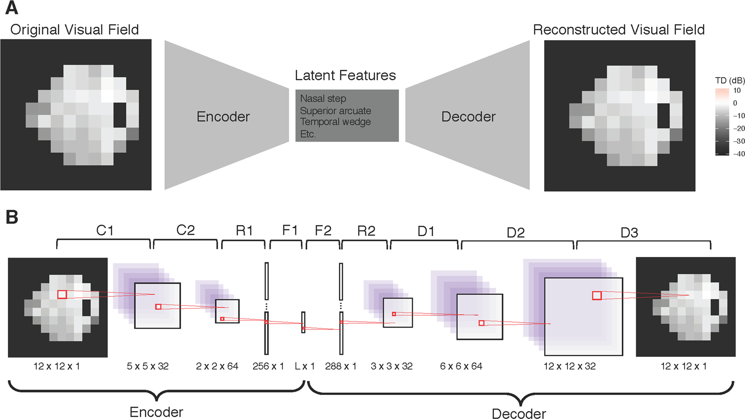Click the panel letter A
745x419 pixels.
(x=11, y=8)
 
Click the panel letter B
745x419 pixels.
(x=11, y=217)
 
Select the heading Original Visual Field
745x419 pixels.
(x=75, y=30)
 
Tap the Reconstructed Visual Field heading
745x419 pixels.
(x=619, y=30)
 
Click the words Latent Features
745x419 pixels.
(x=345, y=76)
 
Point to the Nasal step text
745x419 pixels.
(x=323, y=98)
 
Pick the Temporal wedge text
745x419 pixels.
(x=335, y=122)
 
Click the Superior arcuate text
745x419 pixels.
(x=335, y=110)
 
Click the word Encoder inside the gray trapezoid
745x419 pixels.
(x=223, y=117)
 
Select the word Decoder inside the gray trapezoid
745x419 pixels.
(x=468, y=117)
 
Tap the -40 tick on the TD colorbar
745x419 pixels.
(x=739, y=154)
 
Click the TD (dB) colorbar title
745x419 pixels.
(x=730, y=81)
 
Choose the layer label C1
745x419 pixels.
(x=105, y=231)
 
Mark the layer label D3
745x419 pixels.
(x=629, y=233)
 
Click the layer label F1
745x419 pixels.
(x=290, y=231)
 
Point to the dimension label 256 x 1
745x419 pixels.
(x=268, y=366)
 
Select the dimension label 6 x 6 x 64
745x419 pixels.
(x=461, y=366)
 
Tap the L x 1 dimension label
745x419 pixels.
(x=305, y=366)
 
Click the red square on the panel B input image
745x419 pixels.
(x=62, y=294)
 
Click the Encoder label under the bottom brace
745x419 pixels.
(x=156, y=412)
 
